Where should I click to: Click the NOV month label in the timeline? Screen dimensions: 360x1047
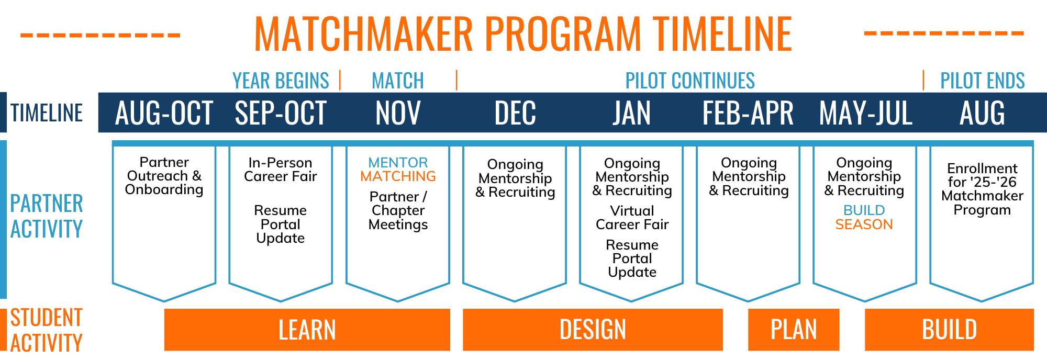coord(398,113)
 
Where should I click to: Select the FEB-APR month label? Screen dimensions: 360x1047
coord(748,113)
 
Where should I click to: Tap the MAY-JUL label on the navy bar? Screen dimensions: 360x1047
coord(865,113)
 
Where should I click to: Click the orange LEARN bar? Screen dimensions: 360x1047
coord(307,330)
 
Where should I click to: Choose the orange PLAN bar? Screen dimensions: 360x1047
coord(793,330)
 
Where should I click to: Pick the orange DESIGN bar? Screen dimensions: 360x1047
coord(593,330)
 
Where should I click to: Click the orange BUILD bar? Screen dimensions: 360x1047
coord(949,330)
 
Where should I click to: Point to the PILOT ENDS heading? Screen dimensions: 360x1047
coord(982,81)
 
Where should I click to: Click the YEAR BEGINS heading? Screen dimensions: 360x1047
coord(281,81)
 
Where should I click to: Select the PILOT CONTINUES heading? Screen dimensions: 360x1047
coord(690,81)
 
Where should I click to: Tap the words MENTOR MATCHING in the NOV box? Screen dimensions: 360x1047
coord(398,170)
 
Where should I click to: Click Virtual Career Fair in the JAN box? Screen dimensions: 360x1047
coord(632,218)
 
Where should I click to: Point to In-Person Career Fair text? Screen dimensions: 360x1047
coord(281,170)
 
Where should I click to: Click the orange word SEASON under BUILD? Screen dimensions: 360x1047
coord(864,224)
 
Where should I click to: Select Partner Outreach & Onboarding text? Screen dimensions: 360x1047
coord(164,176)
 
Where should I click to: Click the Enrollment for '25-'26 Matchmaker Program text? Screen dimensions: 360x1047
coord(982,189)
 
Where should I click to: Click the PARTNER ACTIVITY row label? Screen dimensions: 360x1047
coord(47,216)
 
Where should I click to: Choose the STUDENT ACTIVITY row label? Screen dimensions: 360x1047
coord(47,330)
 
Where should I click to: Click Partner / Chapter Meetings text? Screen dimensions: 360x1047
coord(398,210)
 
